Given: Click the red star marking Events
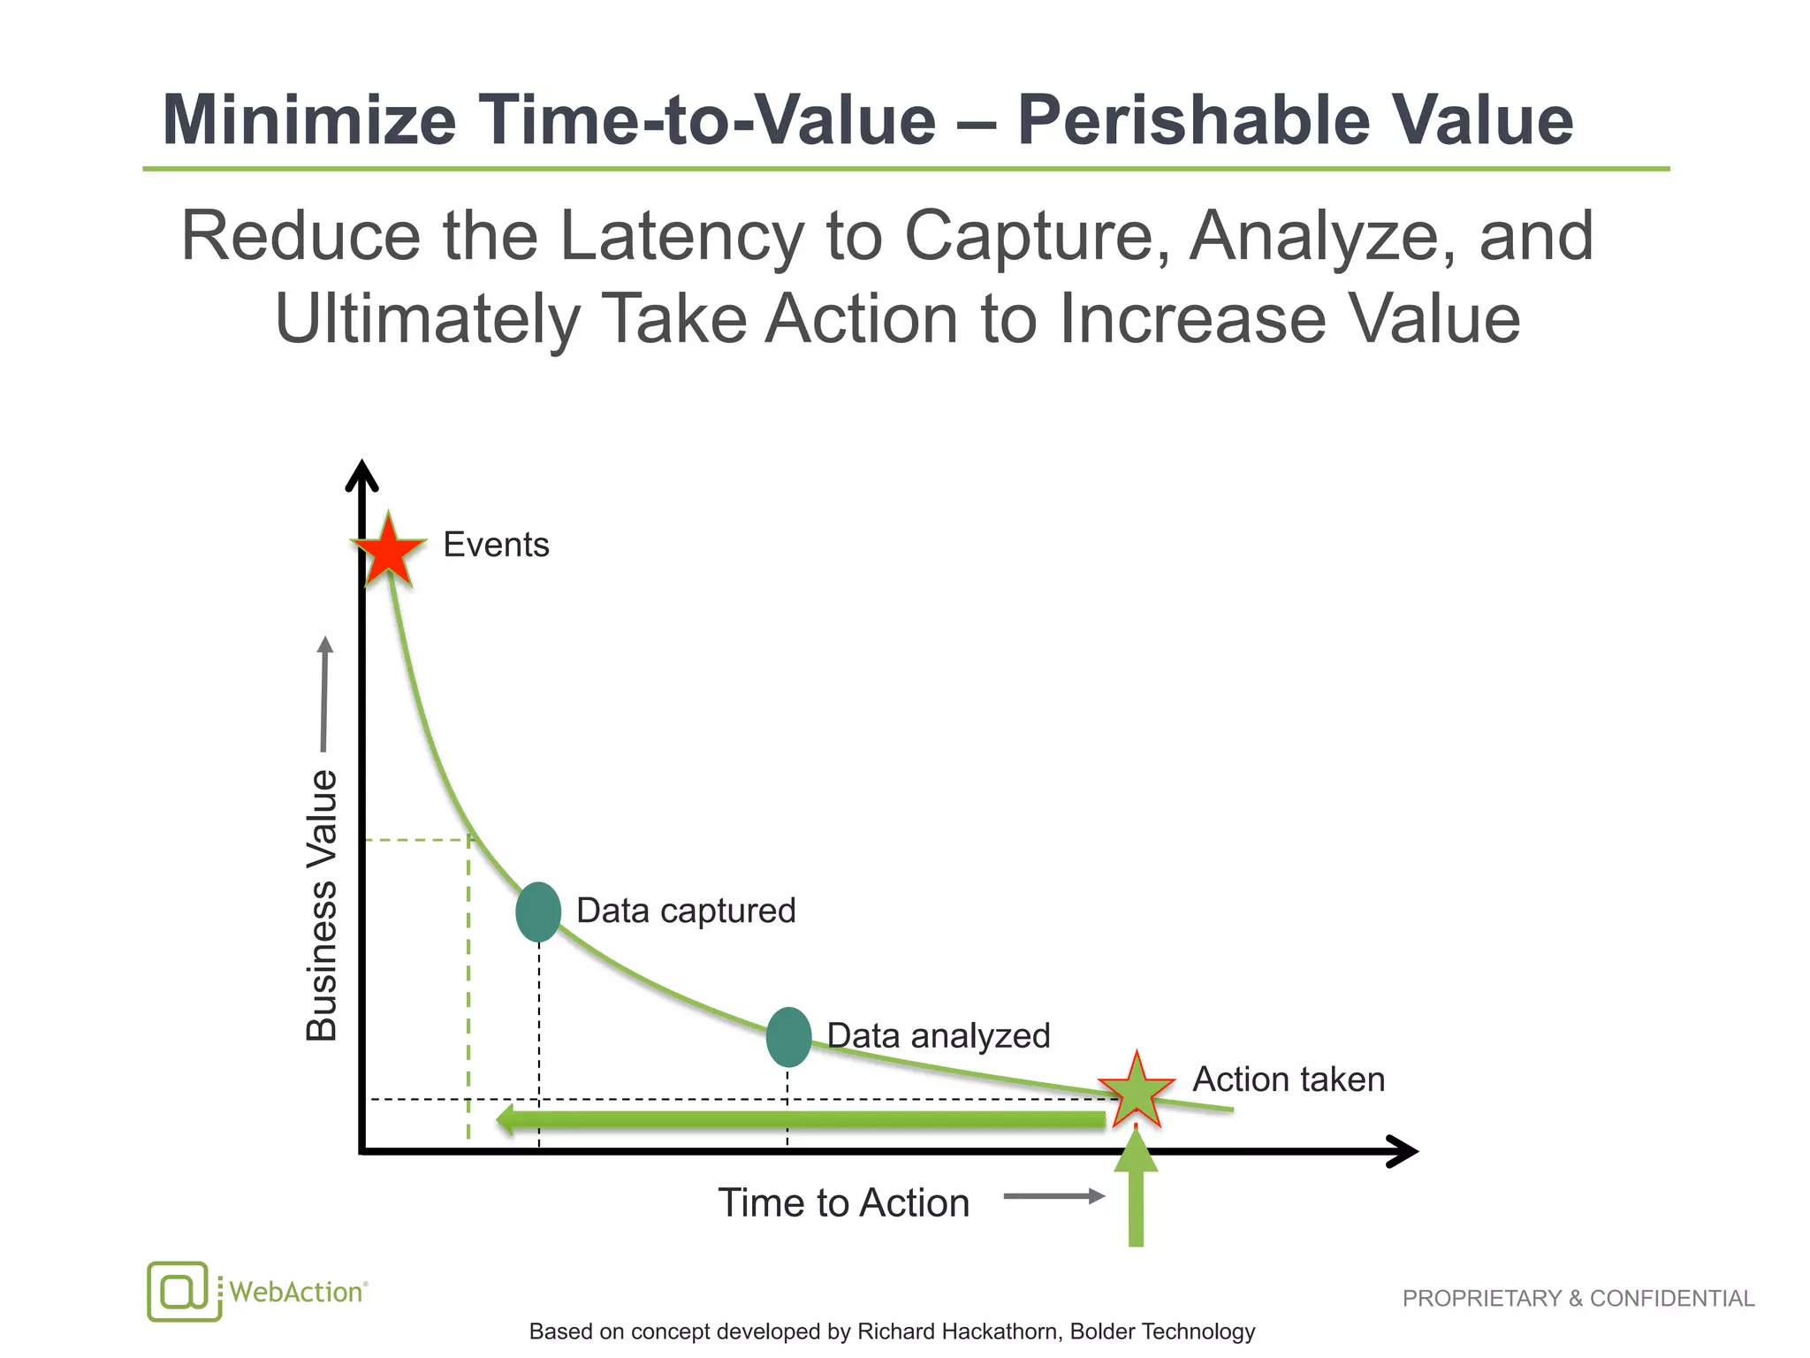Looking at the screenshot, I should click(388, 551).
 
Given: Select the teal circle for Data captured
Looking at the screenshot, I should click(538, 912).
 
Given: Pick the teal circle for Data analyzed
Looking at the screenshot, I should click(788, 1036).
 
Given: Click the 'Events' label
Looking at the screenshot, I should click(496, 545).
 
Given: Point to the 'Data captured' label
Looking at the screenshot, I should click(686, 911).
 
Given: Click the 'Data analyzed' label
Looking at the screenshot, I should click(938, 1035).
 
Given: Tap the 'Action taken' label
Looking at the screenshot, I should click(1288, 1080).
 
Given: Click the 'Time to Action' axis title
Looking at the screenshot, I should click(843, 1202).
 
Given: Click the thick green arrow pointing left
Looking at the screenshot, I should click(795, 1119).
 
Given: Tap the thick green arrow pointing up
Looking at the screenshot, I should click(1136, 1194).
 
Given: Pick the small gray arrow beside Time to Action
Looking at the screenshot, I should click(1053, 1196).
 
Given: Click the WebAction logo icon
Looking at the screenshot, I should click(183, 1291).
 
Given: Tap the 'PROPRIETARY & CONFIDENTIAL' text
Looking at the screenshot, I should click(1578, 1298).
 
